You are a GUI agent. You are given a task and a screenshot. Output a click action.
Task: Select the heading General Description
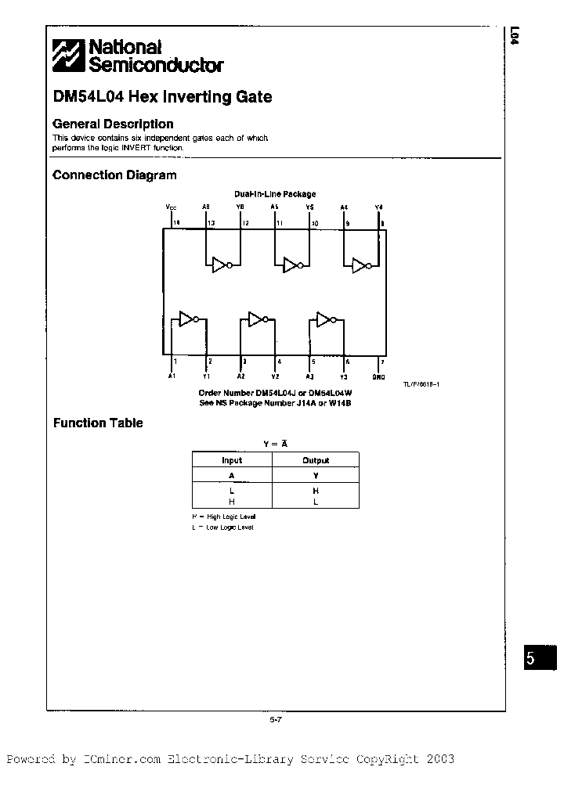113,124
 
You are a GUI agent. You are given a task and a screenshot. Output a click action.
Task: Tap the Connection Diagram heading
114,175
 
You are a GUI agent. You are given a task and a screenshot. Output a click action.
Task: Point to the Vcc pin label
172,207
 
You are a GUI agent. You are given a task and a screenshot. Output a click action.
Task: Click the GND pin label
378,376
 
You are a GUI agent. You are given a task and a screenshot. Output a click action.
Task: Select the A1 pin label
172,376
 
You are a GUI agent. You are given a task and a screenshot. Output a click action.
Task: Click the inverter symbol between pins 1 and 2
189,318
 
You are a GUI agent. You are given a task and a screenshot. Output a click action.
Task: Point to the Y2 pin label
276,376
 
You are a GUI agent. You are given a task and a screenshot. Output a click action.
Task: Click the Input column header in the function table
232,460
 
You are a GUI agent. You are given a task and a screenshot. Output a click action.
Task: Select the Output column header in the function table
316,460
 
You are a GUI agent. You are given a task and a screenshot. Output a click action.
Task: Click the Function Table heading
98,423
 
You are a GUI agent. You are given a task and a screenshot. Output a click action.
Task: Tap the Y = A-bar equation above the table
275,443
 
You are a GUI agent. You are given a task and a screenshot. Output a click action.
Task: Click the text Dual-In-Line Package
275,193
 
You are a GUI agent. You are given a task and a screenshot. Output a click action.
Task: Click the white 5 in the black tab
530,658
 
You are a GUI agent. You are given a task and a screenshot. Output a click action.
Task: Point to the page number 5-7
275,719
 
